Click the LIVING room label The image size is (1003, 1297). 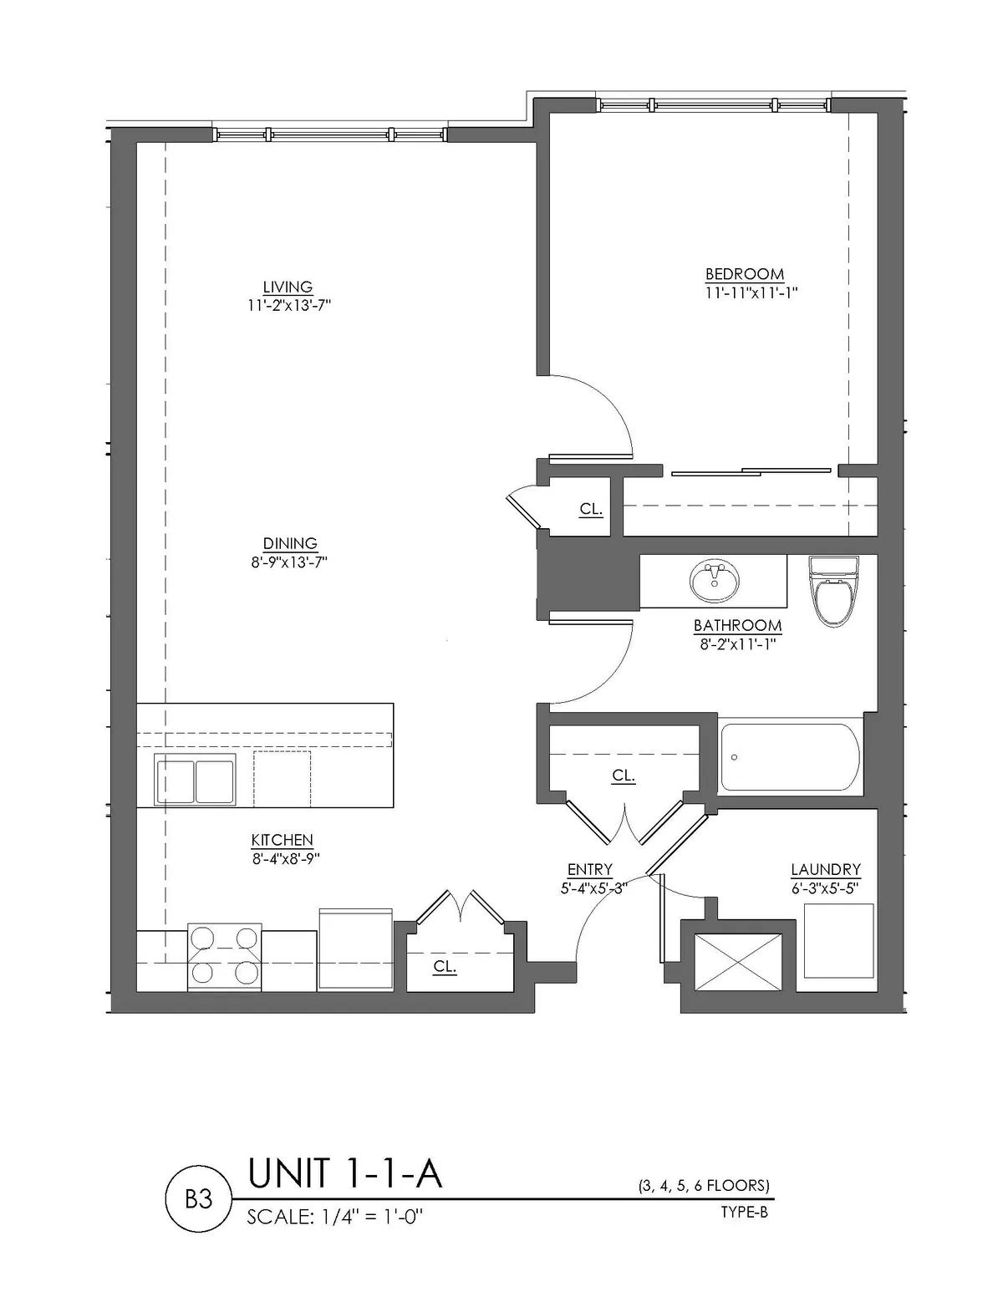tap(288, 287)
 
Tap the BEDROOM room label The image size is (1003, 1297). tap(745, 274)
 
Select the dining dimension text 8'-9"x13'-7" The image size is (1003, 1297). tap(289, 562)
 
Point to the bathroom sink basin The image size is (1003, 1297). tap(714, 582)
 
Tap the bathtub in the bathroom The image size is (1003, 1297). tap(791, 757)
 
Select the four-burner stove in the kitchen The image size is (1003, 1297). tap(224, 957)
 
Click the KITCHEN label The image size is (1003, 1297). tap(283, 840)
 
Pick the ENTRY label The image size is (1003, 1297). tap(590, 869)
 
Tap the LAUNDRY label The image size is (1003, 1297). tap(826, 869)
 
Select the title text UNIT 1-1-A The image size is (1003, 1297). tap(345, 1172)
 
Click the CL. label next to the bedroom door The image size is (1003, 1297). tap(591, 509)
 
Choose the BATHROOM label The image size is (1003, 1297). tap(737, 625)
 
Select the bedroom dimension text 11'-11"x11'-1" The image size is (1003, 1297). tap(751, 293)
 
